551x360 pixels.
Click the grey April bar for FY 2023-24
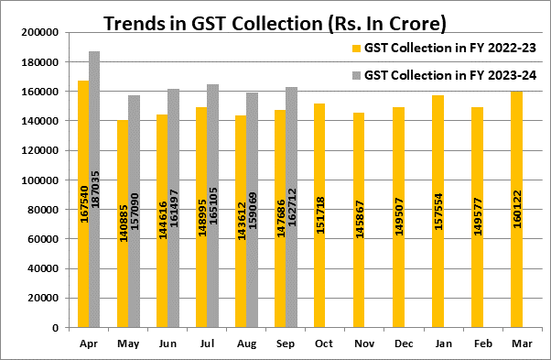pos(94,190)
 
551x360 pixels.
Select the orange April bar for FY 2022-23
pos(83,204)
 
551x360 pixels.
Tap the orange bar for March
pos(516,210)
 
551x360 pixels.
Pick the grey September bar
pos(291,207)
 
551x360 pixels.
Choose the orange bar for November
pos(359,220)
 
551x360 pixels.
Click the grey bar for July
pos(212,206)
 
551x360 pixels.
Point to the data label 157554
pos(438,212)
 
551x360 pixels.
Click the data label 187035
pos(95,190)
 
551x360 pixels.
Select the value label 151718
pos(320,215)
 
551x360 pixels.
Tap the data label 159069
pos(253,211)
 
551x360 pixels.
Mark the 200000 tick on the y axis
pos(39,32)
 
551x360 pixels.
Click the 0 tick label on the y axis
pos(56,328)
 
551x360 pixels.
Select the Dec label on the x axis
pos(404,344)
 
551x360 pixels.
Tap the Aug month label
pos(246,344)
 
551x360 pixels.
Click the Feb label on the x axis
pos(482,344)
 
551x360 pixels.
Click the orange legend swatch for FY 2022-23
pos(356,49)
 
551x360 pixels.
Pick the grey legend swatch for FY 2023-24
pos(356,75)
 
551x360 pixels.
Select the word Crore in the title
pos(417,24)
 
